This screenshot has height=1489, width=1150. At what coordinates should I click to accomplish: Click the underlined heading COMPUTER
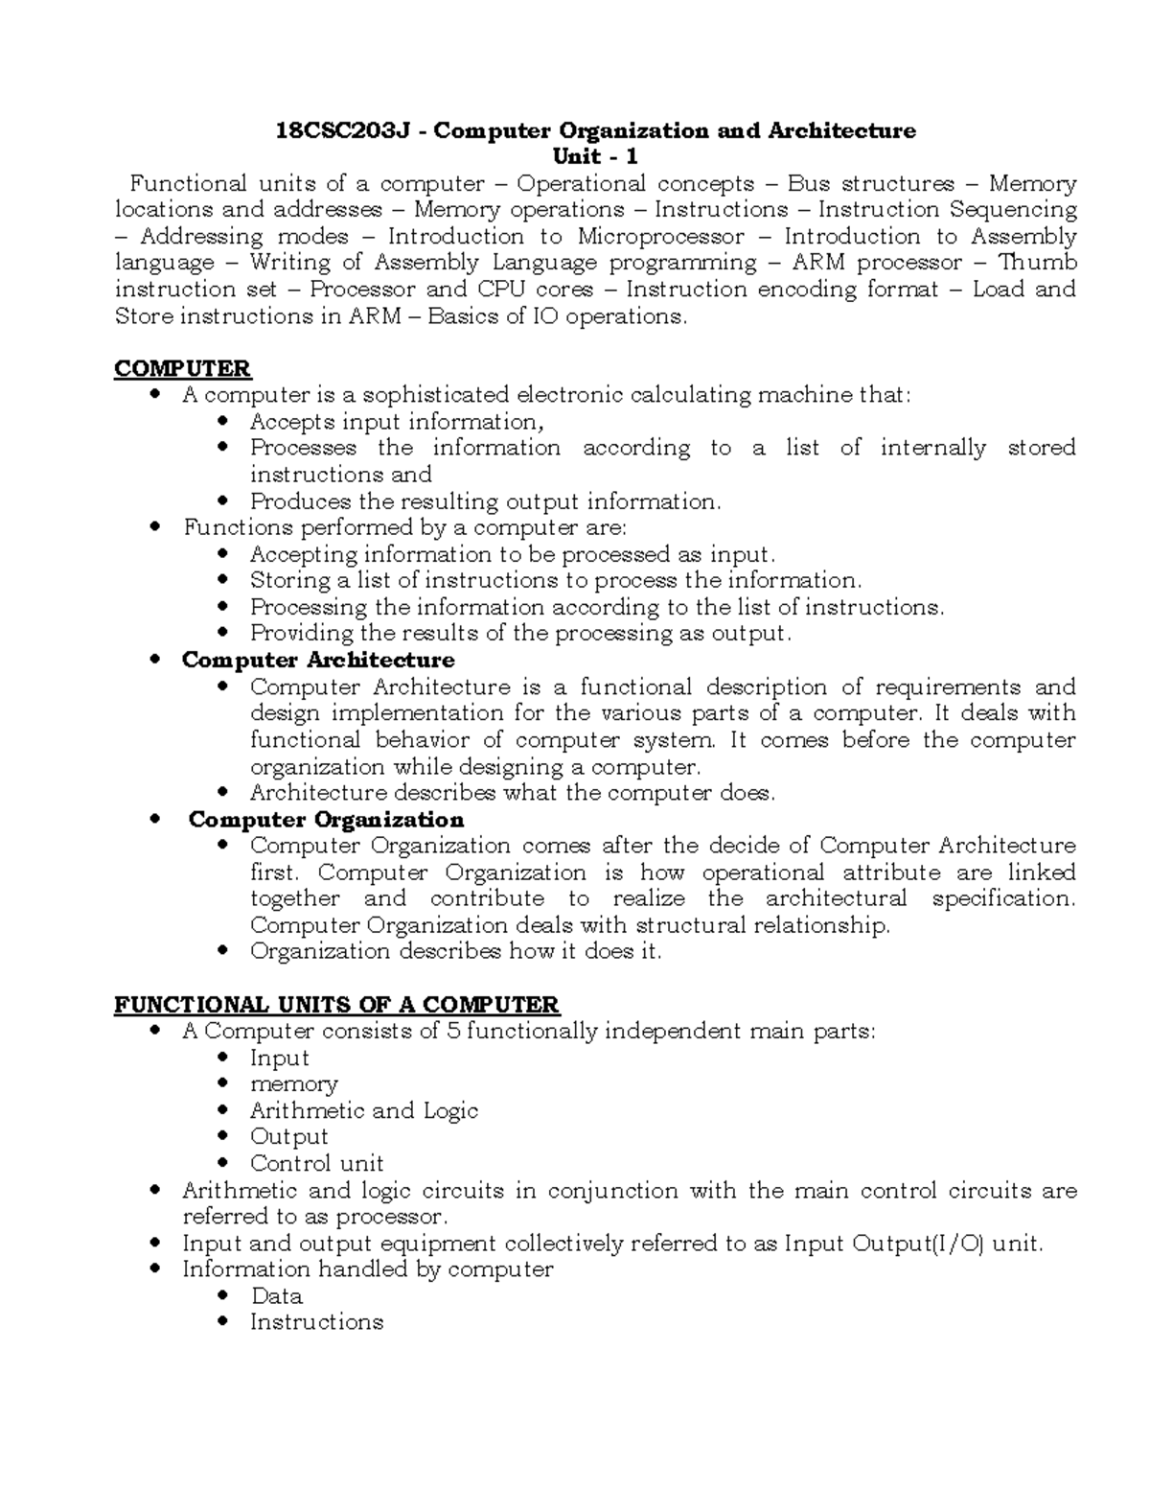point(182,368)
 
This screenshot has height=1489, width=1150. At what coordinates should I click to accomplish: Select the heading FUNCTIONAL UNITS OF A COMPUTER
point(336,1005)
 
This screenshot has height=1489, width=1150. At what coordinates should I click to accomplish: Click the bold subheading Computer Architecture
point(318,661)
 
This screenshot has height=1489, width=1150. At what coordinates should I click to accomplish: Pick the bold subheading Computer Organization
point(326,820)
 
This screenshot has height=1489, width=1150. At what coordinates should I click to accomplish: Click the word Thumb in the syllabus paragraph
point(1038,263)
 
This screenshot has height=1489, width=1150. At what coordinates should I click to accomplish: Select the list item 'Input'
point(279,1058)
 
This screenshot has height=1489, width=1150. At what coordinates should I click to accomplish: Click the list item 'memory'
point(293,1084)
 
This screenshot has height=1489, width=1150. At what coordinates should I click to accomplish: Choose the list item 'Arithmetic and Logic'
point(363,1111)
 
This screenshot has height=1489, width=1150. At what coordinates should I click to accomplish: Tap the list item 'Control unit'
point(316,1164)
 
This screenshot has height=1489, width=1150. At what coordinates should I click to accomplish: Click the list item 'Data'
point(276,1296)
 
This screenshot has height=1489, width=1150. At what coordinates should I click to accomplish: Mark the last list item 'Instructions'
point(316,1322)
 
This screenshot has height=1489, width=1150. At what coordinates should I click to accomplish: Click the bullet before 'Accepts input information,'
point(223,422)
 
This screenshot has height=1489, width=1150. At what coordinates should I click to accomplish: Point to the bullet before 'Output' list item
point(223,1137)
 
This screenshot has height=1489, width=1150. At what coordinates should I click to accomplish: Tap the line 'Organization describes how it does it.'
point(455,952)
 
